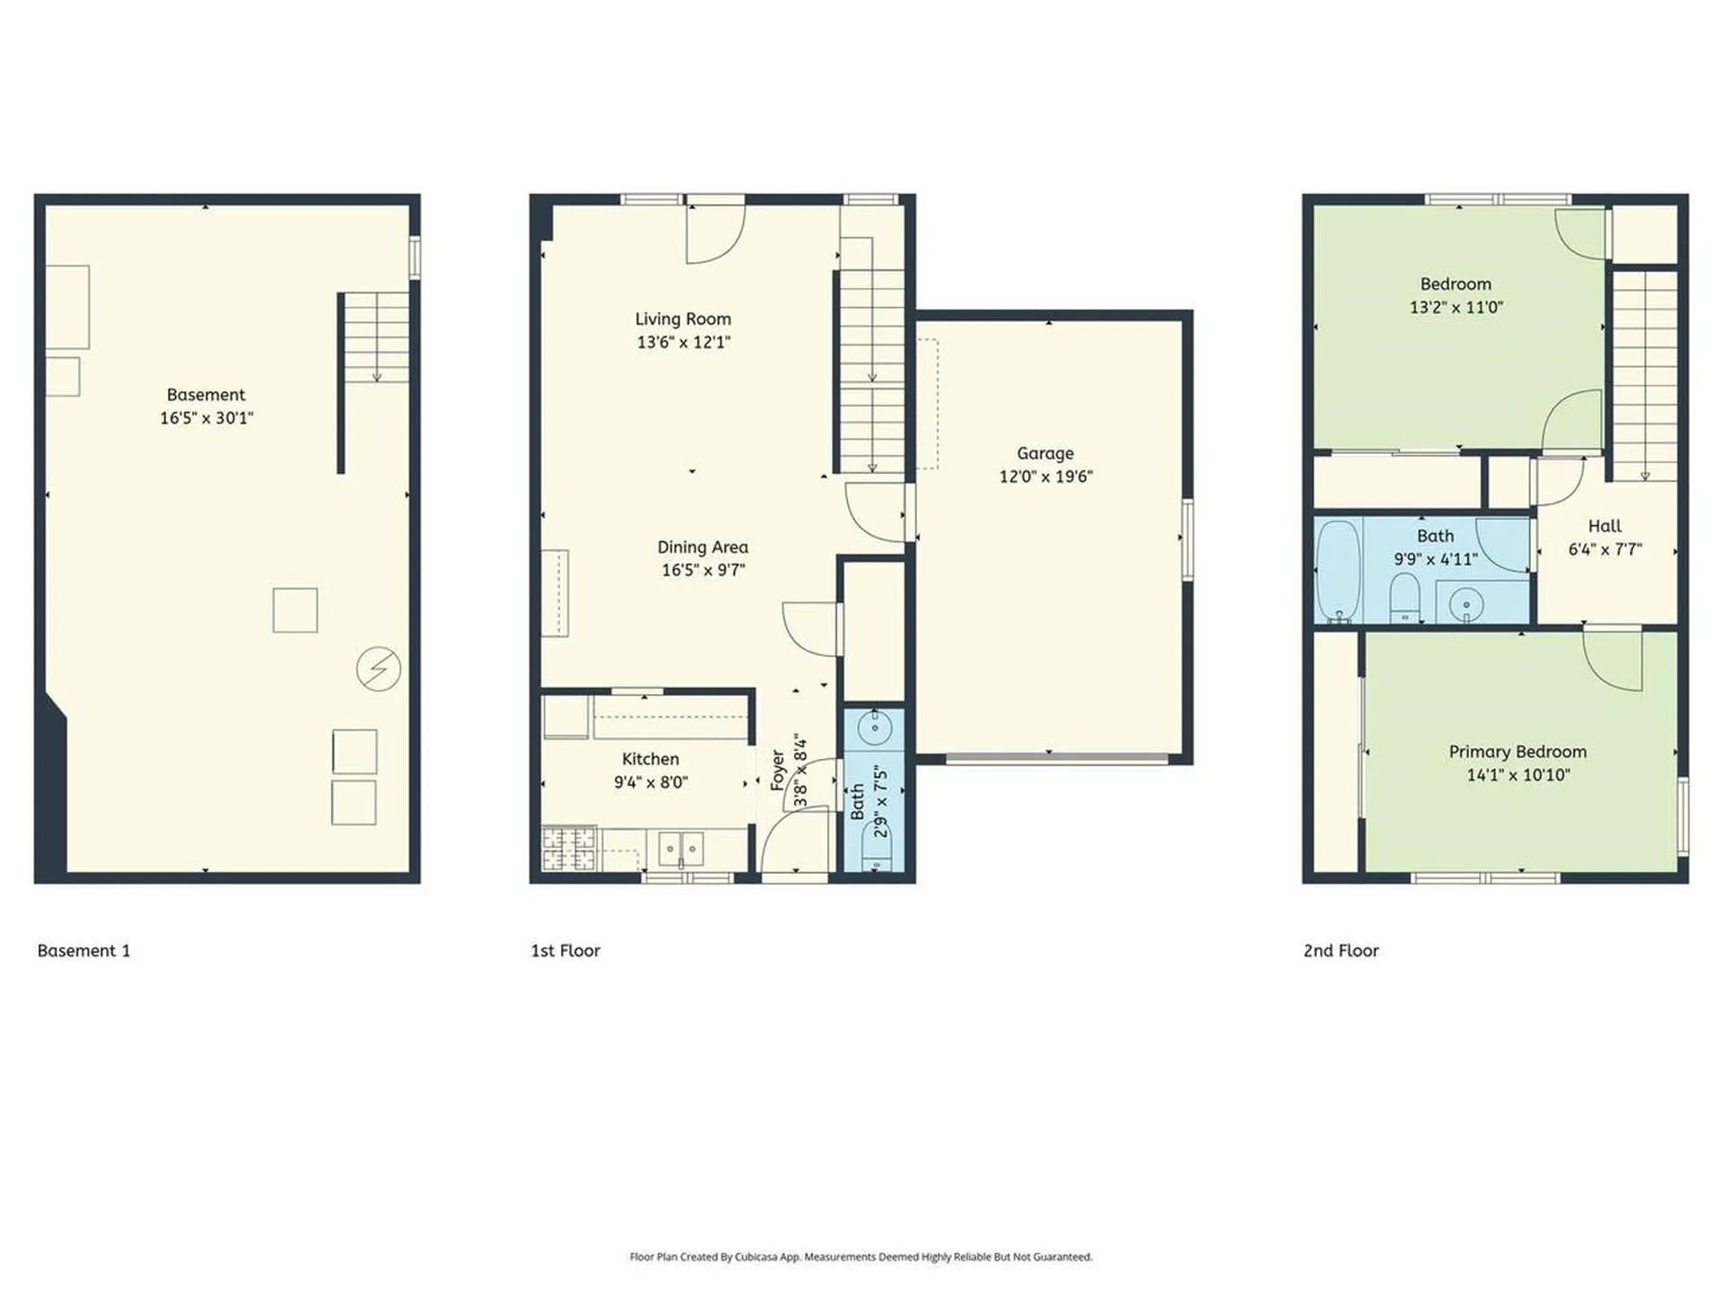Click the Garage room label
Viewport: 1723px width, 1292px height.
[x=1045, y=453]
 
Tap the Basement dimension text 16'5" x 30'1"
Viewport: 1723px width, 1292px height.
[x=206, y=418]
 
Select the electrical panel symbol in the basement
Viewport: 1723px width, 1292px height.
[x=379, y=668]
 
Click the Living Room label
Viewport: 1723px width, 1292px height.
[x=683, y=319]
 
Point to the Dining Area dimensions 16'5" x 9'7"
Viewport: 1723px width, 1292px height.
[x=703, y=570]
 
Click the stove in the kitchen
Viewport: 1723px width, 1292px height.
[x=569, y=848]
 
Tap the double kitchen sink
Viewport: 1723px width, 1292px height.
[x=681, y=848]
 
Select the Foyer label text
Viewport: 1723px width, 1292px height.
[x=778, y=770]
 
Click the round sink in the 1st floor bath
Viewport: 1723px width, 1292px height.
[x=874, y=727]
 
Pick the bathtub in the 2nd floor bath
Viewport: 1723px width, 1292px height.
[x=1339, y=570]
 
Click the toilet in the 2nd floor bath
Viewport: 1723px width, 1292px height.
[x=1404, y=596]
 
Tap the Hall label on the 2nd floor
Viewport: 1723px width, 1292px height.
[x=1605, y=527]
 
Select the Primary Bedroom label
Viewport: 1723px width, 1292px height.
[x=1517, y=752]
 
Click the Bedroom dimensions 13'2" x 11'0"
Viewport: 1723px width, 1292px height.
[x=1456, y=307]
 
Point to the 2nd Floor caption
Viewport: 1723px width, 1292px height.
[x=1341, y=950]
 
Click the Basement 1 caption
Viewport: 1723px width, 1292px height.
[x=83, y=950]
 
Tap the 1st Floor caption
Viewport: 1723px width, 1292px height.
[x=565, y=950]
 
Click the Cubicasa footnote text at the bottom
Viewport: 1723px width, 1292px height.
[x=861, y=1257]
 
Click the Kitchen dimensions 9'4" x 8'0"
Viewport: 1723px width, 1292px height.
[x=651, y=782]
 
